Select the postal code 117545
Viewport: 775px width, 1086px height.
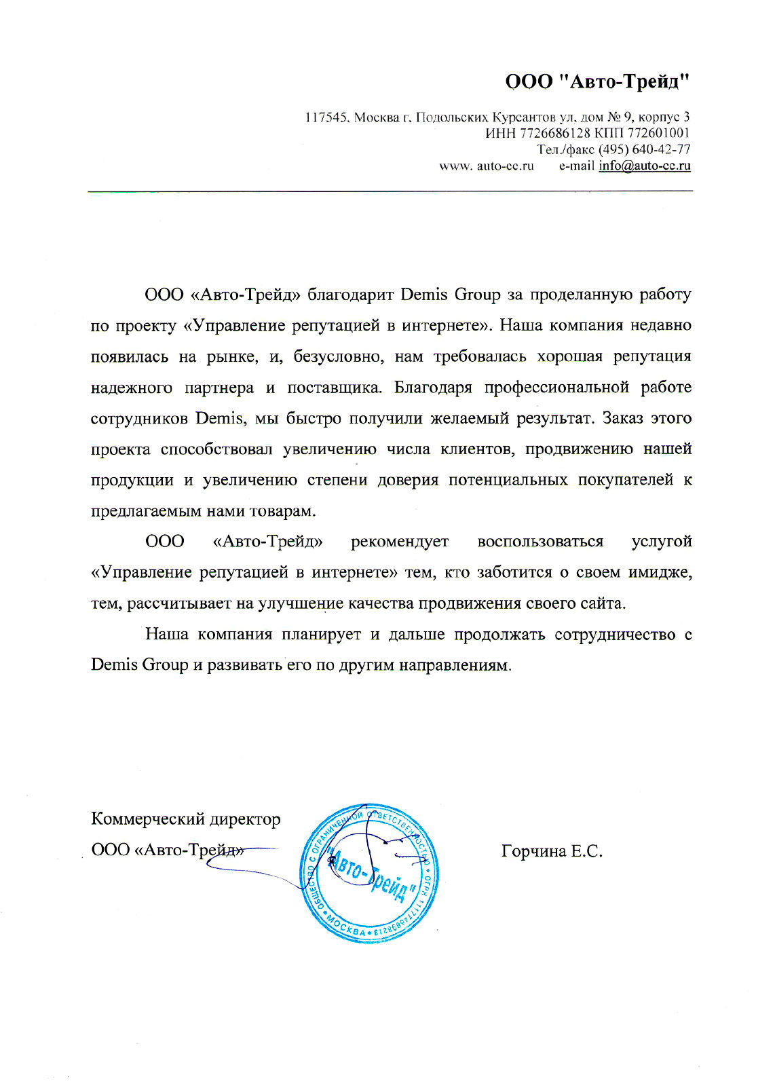[326, 117]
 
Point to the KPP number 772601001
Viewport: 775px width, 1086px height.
[658, 133]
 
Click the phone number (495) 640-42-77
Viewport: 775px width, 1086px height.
[644, 149]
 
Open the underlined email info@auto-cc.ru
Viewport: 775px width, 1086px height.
[644, 166]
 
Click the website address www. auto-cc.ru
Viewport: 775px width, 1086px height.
[487, 166]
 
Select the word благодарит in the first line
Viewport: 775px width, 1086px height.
[350, 295]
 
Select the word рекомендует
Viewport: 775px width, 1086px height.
[399, 542]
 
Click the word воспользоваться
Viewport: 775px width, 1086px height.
[540, 542]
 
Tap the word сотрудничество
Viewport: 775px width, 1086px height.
[615, 635]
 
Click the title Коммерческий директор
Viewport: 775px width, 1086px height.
[185, 819]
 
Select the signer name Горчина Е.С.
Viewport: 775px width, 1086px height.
[552, 851]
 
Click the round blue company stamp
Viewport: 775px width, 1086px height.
[369, 873]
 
